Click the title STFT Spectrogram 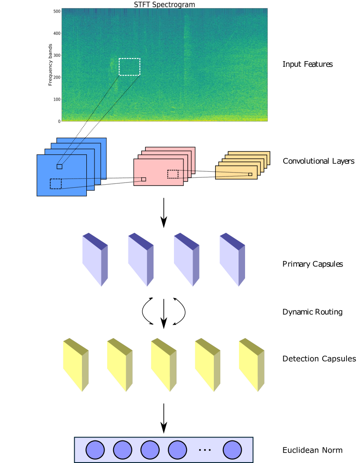click(x=164, y=5)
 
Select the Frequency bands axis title click(x=50, y=65)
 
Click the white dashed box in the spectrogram click(x=129, y=67)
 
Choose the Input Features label click(x=308, y=64)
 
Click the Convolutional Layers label click(x=318, y=161)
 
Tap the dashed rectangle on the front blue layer click(x=56, y=184)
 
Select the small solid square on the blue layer click(x=59, y=166)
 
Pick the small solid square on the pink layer click(x=144, y=179)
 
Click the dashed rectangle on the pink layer click(x=173, y=174)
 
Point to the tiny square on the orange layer click(x=250, y=174)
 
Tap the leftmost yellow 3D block click(x=75, y=365)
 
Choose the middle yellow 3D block click(x=164, y=365)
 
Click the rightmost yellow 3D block click(x=252, y=365)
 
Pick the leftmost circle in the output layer click(x=95, y=450)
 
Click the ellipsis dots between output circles click(x=204, y=450)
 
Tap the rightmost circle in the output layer click(x=232, y=450)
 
